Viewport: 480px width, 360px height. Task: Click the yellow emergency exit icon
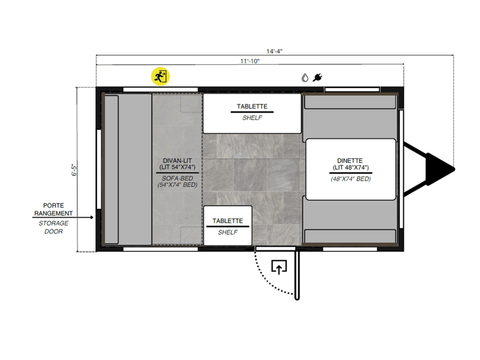160,76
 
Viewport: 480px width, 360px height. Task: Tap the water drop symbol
305,78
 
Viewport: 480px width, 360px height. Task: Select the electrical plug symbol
317,77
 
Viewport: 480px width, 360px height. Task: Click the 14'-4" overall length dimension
274,51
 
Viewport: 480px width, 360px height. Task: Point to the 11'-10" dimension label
250,61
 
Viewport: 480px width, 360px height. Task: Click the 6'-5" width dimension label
74,170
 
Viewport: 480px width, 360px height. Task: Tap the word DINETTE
350,160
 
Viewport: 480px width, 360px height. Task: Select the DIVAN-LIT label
177,160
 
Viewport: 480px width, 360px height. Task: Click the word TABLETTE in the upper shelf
252,106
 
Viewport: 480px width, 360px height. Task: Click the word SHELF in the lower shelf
227,232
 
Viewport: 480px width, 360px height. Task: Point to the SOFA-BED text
177,178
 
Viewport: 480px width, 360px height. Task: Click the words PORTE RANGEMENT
53,209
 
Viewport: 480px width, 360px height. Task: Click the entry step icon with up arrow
279,267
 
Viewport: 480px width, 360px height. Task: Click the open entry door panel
296,275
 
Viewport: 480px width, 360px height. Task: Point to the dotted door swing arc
266,280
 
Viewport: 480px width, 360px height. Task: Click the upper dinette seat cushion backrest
350,101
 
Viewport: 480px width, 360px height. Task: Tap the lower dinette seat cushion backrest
350,236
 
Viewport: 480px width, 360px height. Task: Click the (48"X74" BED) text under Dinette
350,179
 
